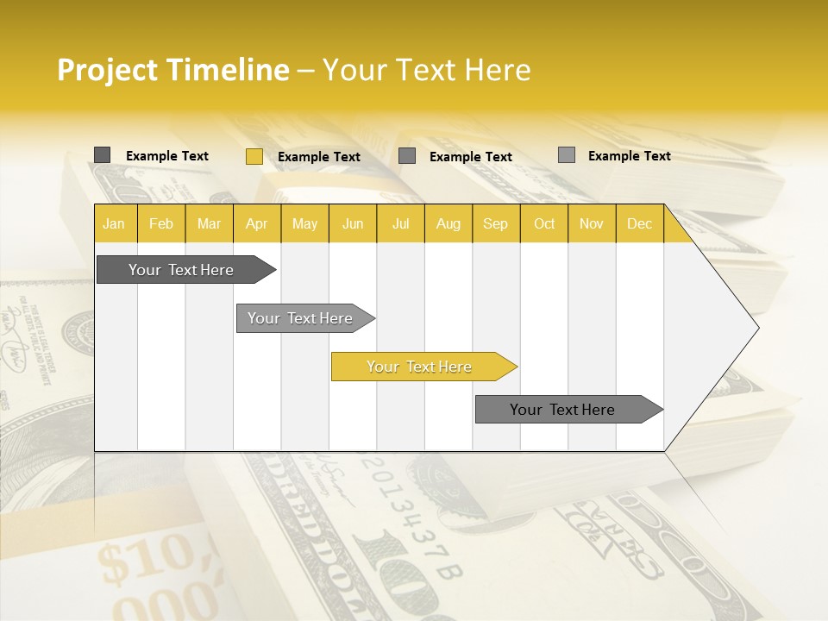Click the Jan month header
tap(114, 223)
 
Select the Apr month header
tap(256, 223)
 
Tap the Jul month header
tap(400, 223)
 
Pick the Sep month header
tap(495, 223)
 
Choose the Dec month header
tap(639, 223)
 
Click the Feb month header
tap(161, 223)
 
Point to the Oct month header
tap(544, 223)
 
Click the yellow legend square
tap(254, 156)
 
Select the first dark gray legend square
tap(102, 155)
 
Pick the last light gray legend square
tap(566, 155)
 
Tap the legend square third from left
tap(407, 156)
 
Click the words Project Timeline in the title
tap(172, 70)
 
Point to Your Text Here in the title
tap(426, 70)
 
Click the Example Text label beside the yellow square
tap(318, 157)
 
